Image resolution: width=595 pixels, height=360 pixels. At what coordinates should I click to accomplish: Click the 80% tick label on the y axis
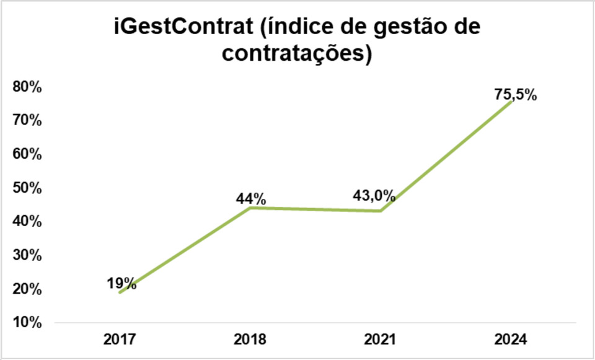pyautogui.click(x=27, y=87)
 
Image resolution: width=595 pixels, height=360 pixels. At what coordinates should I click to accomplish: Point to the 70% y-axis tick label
pyautogui.click(x=27, y=121)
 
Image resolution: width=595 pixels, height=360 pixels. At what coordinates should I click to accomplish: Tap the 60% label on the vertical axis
pyautogui.click(x=27, y=154)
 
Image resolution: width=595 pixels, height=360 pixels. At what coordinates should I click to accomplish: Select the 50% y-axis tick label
pyautogui.click(x=27, y=188)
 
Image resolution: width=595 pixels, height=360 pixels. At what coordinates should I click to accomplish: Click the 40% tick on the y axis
pyautogui.click(x=27, y=222)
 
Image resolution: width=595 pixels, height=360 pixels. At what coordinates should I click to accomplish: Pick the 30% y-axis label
pyautogui.click(x=27, y=255)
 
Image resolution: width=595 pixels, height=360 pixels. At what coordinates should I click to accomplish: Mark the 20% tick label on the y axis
pyautogui.click(x=27, y=289)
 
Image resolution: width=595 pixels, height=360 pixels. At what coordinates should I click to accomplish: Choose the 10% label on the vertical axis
pyautogui.click(x=27, y=323)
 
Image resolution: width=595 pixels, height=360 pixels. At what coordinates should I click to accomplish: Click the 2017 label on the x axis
pyautogui.click(x=120, y=340)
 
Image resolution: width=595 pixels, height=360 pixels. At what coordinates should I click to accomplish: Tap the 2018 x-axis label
pyautogui.click(x=250, y=340)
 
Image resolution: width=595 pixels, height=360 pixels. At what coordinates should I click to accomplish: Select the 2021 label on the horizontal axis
pyautogui.click(x=380, y=340)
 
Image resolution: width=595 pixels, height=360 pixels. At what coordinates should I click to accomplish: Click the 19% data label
pyautogui.click(x=120, y=284)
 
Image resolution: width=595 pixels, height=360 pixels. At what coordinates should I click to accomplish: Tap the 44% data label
pyautogui.click(x=250, y=199)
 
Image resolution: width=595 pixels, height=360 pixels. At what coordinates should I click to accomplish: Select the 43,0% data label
pyautogui.click(x=373, y=196)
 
